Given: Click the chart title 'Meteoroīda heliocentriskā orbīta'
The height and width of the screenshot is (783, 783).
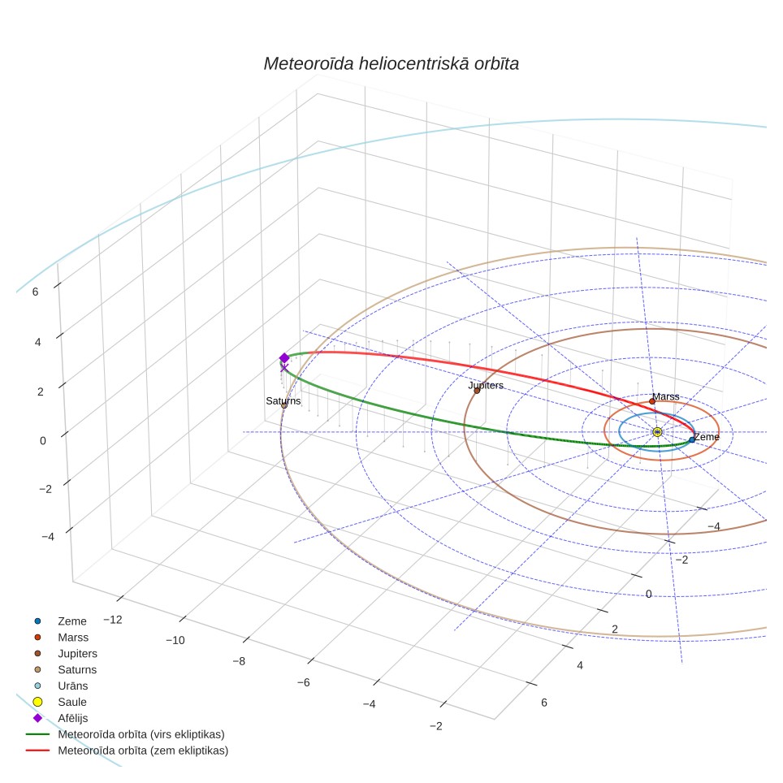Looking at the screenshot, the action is (391, 64).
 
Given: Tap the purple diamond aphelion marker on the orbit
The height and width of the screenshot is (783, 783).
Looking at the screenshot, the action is (284, 358).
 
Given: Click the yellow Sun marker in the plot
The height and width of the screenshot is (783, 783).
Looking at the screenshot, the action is (657, 432).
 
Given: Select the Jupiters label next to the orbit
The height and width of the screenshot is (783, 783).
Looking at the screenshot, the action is (486, 385).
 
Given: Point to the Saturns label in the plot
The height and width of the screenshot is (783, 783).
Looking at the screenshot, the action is (283, 400).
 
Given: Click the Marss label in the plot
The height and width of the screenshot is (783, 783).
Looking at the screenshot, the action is (666, 396).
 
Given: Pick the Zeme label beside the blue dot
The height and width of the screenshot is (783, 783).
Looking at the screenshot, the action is (707, 436).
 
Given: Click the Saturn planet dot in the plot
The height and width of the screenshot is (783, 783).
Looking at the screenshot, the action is (284, 405).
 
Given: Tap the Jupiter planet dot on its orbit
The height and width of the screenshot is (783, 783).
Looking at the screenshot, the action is (477, 391).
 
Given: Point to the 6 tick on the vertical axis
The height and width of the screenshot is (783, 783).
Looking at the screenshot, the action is (35, 292).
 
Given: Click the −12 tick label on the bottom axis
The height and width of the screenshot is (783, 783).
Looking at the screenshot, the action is (112, 620).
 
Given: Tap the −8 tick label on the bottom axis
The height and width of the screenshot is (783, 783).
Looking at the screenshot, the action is (239, 661).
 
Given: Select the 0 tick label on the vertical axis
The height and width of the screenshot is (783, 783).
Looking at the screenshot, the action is (42, 441).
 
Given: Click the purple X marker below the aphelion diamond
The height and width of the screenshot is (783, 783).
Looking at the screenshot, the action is (284, 368).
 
